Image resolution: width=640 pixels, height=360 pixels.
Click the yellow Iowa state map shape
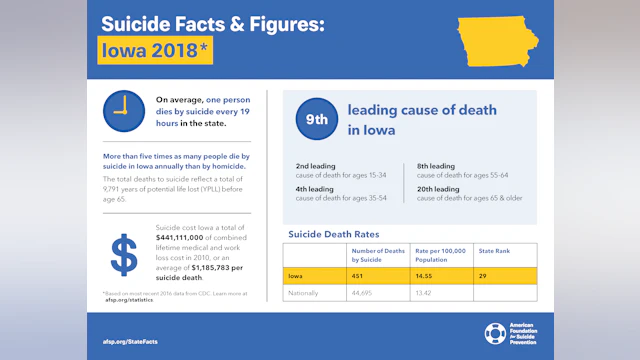[x=501, y=39]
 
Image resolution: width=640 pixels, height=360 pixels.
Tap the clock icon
[x=124, y=110]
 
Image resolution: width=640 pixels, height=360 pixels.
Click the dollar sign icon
[x=124, y=254]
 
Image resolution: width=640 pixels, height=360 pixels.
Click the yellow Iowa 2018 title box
[x=155, y=49]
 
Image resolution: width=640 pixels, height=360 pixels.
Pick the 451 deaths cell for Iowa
[x=364, y=274]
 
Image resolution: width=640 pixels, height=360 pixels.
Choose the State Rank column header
[x=494, y=252]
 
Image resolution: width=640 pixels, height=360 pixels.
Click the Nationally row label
[x=306, y=293]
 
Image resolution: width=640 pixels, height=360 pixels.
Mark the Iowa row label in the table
[x=296, y=274]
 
